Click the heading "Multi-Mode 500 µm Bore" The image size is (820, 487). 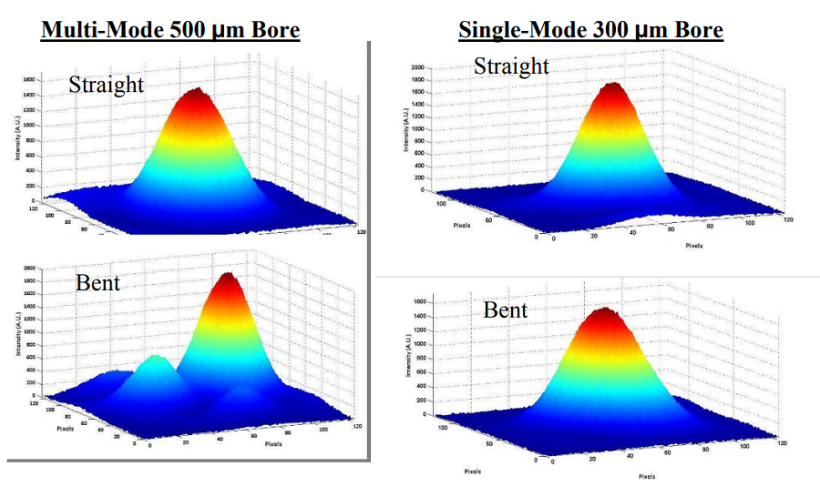coord(170,31)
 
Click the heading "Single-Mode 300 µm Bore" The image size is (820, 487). coord(590,30)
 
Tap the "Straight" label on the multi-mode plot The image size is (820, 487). coord(107,85)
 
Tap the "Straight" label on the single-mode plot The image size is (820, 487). coord(511,66)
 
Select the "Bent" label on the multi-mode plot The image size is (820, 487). coord(98,283)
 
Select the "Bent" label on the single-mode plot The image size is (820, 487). coord(506,309)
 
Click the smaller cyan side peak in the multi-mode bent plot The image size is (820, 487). coord(157,361)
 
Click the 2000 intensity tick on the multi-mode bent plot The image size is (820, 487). coord(29,269)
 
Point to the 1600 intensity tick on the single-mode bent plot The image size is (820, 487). coord(420,300)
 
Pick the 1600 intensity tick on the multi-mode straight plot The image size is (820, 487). coord(28,80)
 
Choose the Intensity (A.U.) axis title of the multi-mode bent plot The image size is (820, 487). coord(17,334)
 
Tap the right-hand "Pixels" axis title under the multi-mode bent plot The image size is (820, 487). coord(273,445)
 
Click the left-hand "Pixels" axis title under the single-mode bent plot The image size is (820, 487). coord(471,472)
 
